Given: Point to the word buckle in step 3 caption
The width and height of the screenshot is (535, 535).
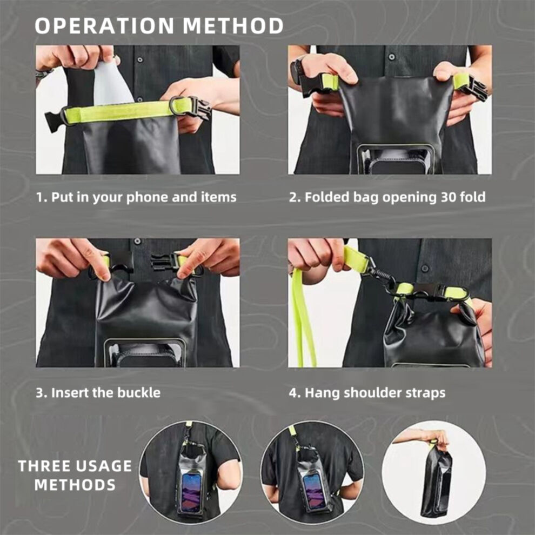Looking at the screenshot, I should coord(139,392).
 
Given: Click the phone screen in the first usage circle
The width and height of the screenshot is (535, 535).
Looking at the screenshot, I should coord(191,492).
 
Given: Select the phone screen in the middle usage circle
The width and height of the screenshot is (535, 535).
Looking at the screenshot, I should coord(315,490).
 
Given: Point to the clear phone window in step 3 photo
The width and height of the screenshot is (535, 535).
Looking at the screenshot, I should coord(145,354).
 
